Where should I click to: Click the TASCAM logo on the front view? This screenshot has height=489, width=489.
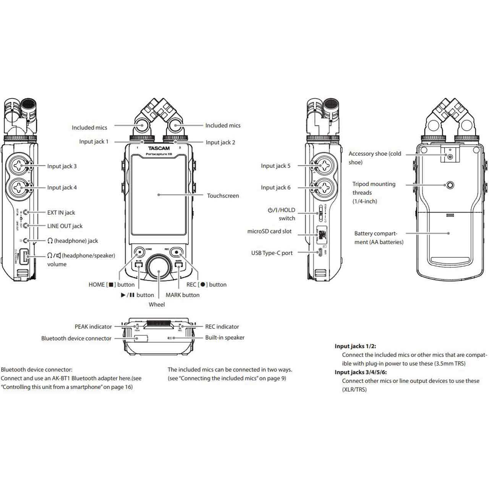tap(159, 148)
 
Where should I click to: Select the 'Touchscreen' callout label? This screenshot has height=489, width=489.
tap(223, 196)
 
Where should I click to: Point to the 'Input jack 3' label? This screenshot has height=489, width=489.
tap(62, 166)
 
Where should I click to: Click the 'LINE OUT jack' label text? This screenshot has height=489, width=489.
tap(65, 226)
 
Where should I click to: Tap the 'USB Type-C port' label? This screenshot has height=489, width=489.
tap(272, 253)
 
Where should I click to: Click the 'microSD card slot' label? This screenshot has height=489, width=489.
tap(269, 231)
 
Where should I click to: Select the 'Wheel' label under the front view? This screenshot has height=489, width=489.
tap(157, 304)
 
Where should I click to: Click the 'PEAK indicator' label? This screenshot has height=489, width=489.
tap(93, 327)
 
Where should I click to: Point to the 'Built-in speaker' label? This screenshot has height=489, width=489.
tap(225, 337)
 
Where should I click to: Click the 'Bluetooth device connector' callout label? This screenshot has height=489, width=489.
tap(76, 338)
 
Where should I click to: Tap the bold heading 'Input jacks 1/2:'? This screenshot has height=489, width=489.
tap(355, 346)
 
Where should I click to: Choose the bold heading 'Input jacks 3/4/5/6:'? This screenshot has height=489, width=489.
tap(361, 372)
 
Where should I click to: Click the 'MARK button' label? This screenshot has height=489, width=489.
tap(183, 295)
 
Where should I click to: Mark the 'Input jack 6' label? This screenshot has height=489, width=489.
tap(275, 188)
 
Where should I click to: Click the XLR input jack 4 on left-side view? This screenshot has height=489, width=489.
tap(18, 187)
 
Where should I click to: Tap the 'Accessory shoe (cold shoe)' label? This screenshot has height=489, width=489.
tap(375, 158)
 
